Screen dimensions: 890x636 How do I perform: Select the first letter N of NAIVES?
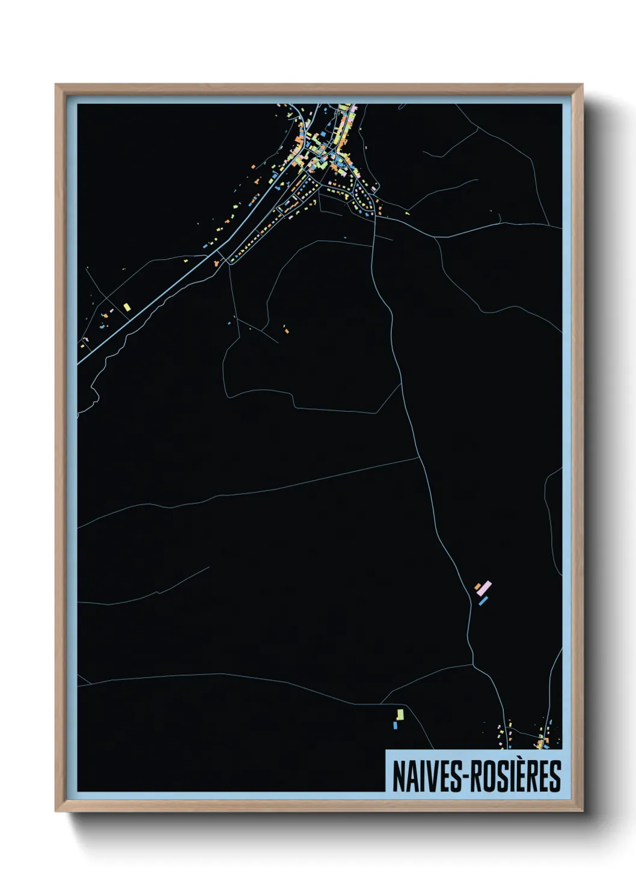point(398,776)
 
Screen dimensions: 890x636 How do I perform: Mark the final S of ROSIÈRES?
point(555,776)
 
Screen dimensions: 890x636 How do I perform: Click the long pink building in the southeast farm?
point(485,587)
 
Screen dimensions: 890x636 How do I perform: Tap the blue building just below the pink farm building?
point(483,600)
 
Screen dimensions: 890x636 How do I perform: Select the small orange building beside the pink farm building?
point(478,586)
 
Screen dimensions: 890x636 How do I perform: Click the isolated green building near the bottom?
point(400,714)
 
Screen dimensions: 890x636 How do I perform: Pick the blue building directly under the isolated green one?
point(395,725)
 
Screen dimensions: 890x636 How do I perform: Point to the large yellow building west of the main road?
point(127,307)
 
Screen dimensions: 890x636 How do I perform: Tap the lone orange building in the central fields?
point(286,330)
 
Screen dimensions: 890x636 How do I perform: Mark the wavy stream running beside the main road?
point(120,349)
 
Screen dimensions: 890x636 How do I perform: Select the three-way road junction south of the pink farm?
point(473,664)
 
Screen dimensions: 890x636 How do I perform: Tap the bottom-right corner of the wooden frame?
point(582,811)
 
